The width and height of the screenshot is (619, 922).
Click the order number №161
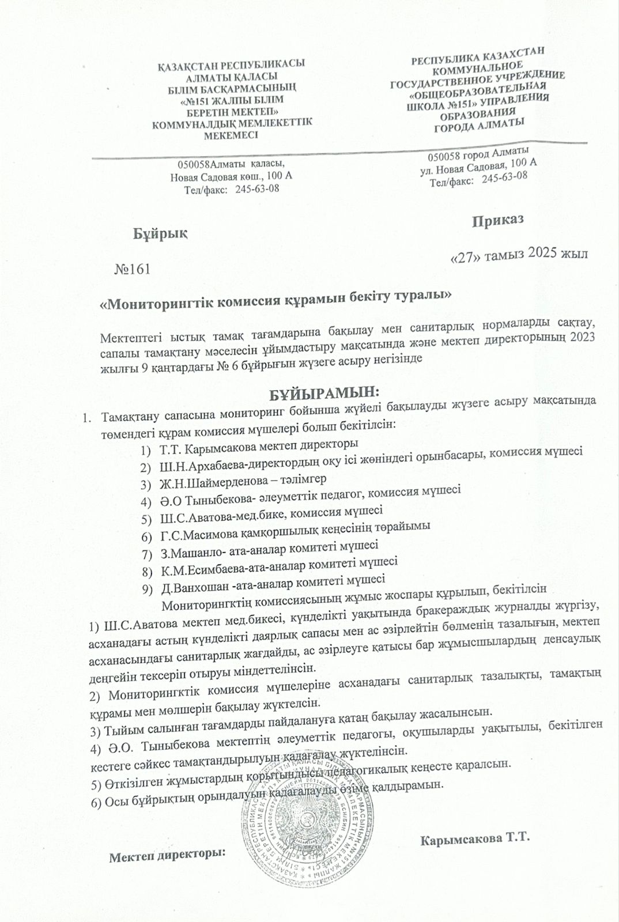coord(133,269)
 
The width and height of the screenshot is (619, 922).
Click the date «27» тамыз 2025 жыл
coord(518,256)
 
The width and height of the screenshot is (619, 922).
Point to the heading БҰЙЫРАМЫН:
coord(325,394)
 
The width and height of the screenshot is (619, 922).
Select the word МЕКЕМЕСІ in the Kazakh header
coord(231,135)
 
